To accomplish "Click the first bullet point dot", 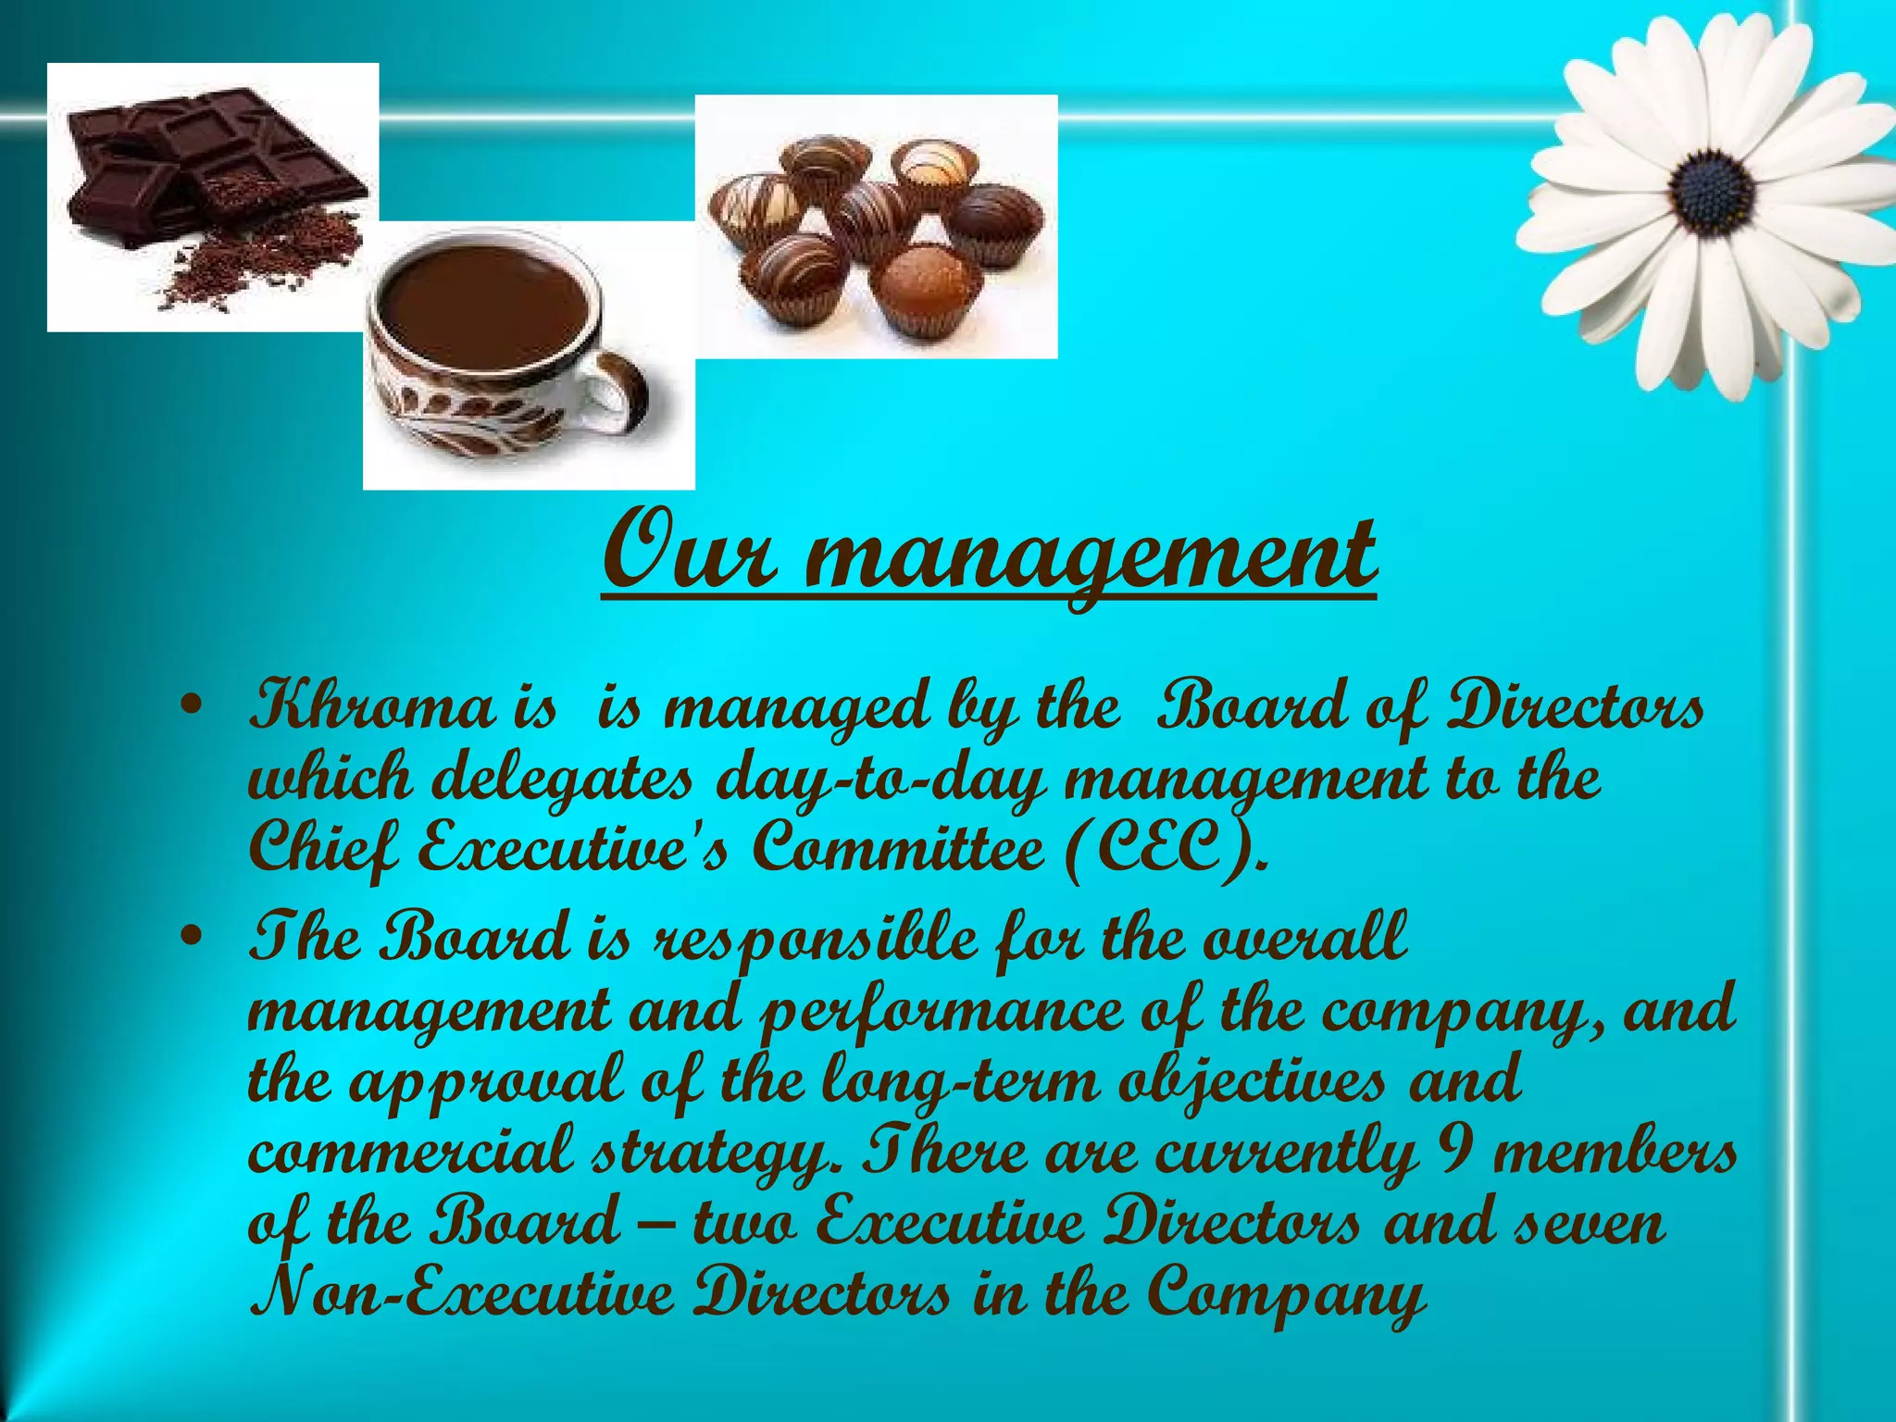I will click(x=192, y=707).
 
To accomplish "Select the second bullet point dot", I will click(x=192, y=939).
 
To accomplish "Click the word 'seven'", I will click(x=1589, y=1222).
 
